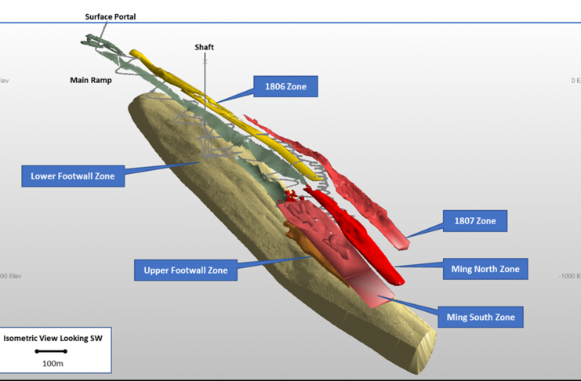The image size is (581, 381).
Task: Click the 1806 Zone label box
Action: (x=285, y=87)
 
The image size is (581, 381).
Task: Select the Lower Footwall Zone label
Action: (x=73, y=176)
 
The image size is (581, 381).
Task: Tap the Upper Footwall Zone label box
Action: (x=186, y=270)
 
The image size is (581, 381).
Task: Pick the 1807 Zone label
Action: (x=475, y=221)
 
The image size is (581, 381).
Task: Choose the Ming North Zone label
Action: (x=485, y=269)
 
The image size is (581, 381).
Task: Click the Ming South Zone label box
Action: (x=481, y=317)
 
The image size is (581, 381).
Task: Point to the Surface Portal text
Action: (x=111, y=16)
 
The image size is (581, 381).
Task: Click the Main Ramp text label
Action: (x=91, y=79)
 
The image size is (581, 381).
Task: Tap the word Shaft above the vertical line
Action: (x=204, y=48)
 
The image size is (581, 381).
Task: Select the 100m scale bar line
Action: (x=53, y=351)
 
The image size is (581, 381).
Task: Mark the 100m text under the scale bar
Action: (x=53, y=363)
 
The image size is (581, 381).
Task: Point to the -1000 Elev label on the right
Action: (x=569, y=276)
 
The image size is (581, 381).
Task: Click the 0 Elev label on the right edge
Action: (x=574, y=81)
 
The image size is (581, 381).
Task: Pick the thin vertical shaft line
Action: (x=205, y=94)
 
